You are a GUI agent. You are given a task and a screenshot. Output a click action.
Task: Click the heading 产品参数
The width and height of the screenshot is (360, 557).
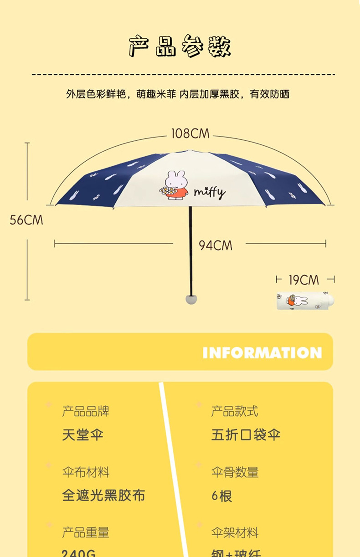tap(180, 46)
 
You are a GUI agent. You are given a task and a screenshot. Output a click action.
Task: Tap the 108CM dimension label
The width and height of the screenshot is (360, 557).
tap(190, 133)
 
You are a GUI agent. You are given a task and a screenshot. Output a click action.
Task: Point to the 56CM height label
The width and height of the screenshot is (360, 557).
tap(26, 220)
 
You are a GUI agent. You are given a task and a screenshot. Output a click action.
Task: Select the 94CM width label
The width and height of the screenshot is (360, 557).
tap(215, 245)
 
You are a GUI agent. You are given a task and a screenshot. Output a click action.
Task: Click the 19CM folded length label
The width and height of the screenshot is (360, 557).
tap(303, 280)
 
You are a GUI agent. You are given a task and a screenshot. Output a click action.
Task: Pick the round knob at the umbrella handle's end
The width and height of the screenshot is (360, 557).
tap(191, 299)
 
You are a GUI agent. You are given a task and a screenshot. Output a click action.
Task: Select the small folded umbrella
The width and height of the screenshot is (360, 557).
tap(304, 301)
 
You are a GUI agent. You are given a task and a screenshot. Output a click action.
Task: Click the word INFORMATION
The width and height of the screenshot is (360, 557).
tap(262, 353)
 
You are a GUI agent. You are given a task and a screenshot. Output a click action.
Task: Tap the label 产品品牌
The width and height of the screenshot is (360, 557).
tap(86, 411)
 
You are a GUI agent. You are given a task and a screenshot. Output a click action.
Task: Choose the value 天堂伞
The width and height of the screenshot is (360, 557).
tap(83, 434)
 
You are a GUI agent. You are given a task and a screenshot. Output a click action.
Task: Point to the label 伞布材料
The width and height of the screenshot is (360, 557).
tap(86, 472)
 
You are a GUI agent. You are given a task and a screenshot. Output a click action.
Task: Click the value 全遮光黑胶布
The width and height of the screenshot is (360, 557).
tap(103, 496)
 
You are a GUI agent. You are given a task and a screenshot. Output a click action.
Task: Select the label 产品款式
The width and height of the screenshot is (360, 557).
tap(234, 411)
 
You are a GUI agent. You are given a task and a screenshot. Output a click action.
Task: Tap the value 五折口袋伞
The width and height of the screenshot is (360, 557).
tap(246, 434)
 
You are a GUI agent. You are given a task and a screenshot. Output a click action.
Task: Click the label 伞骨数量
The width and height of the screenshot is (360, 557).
tap(234, 472)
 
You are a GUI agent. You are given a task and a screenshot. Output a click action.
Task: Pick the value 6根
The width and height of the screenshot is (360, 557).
tap(221, 496)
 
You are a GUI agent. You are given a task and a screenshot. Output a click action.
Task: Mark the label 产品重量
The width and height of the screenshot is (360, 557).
tap(86, 532)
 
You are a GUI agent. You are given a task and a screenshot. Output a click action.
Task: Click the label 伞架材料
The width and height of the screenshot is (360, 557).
tap(234, 532)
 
